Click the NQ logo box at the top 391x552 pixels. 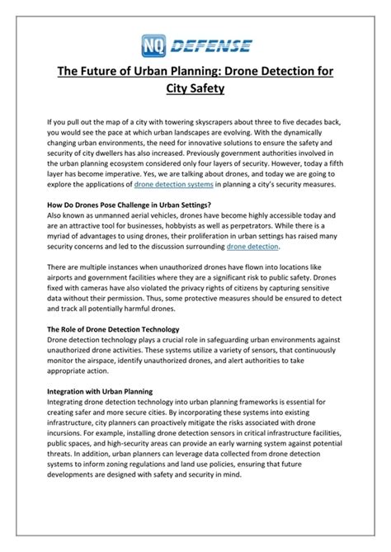click(x=152, y=44)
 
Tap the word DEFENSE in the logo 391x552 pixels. click(x=211, y=45)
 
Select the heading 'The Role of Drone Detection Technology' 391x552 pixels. click(x=121, y=329)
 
